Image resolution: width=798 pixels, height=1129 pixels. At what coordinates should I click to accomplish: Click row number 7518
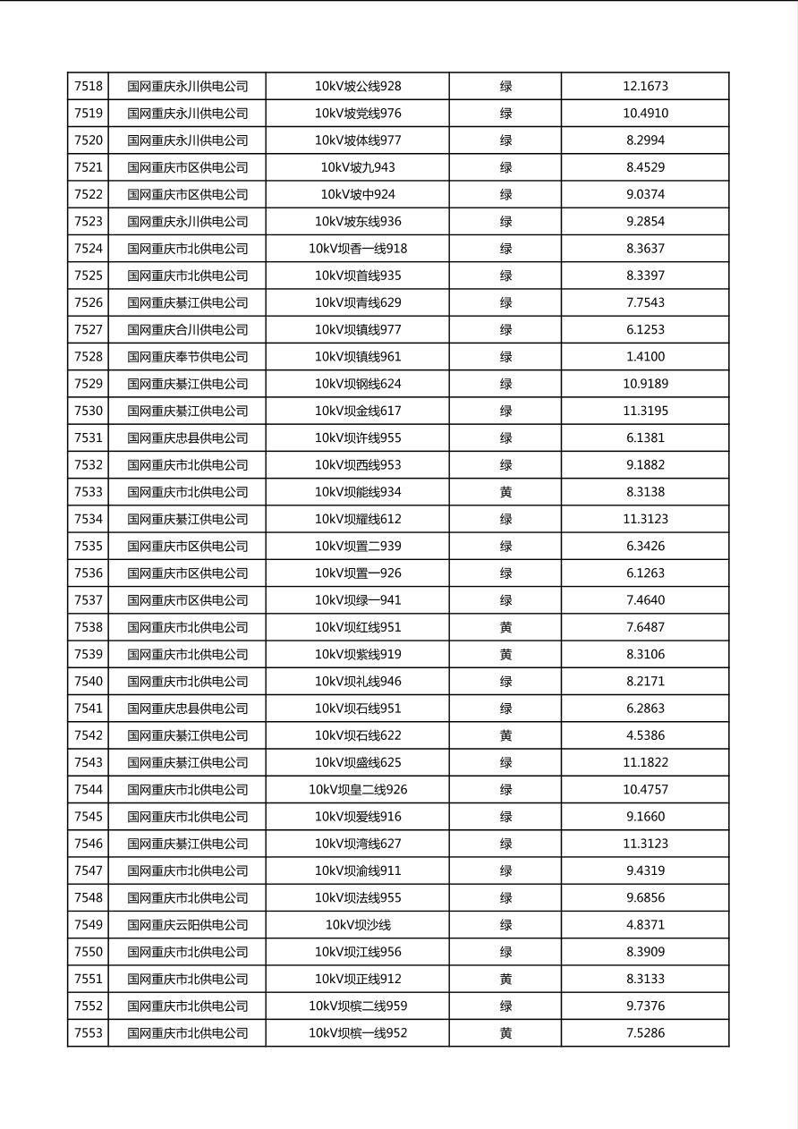click(89, 87)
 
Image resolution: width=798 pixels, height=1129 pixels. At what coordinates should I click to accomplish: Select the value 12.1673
click(645, 87)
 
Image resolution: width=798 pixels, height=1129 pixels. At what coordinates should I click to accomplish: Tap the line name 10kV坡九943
click(358, 167)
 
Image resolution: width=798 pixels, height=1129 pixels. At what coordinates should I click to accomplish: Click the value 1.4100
click(645, 357)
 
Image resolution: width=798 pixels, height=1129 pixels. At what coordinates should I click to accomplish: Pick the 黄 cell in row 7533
click(505, 492)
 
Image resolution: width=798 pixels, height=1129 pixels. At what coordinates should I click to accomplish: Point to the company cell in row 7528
click(187, 357)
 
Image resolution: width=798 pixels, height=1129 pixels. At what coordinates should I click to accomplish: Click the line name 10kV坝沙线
click(358, 925)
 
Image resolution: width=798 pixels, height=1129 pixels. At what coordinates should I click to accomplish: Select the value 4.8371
click(645, 925)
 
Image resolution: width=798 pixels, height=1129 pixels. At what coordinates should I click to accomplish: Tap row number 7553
click(89, 1033)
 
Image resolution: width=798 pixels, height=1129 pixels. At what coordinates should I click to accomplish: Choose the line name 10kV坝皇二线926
click(358, 790)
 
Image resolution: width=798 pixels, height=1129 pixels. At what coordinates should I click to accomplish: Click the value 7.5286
click(645, 1033)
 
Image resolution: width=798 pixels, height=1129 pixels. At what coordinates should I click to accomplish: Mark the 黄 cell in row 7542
click(505, 735)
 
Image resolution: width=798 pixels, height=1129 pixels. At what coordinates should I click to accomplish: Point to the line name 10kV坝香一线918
click(358, 249)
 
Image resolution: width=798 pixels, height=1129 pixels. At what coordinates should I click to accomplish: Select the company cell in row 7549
click(187, 925)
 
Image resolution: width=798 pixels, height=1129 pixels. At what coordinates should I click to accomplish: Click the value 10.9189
click(645, 384)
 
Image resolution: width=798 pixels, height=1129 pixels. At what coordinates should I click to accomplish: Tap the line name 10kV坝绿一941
click(358, 600)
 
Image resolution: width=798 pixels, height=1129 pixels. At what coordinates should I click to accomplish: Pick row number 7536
click(89, 573)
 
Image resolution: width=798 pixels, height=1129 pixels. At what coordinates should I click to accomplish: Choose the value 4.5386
click(645, 735)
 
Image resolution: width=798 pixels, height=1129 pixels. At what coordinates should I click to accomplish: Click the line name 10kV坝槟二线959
click(358, 1006)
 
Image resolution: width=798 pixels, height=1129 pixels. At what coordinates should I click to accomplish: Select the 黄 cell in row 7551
click(505, 980)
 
